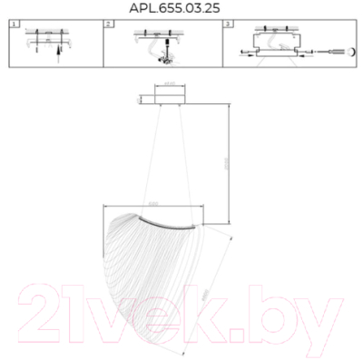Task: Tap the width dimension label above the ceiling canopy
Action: point(168,86)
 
